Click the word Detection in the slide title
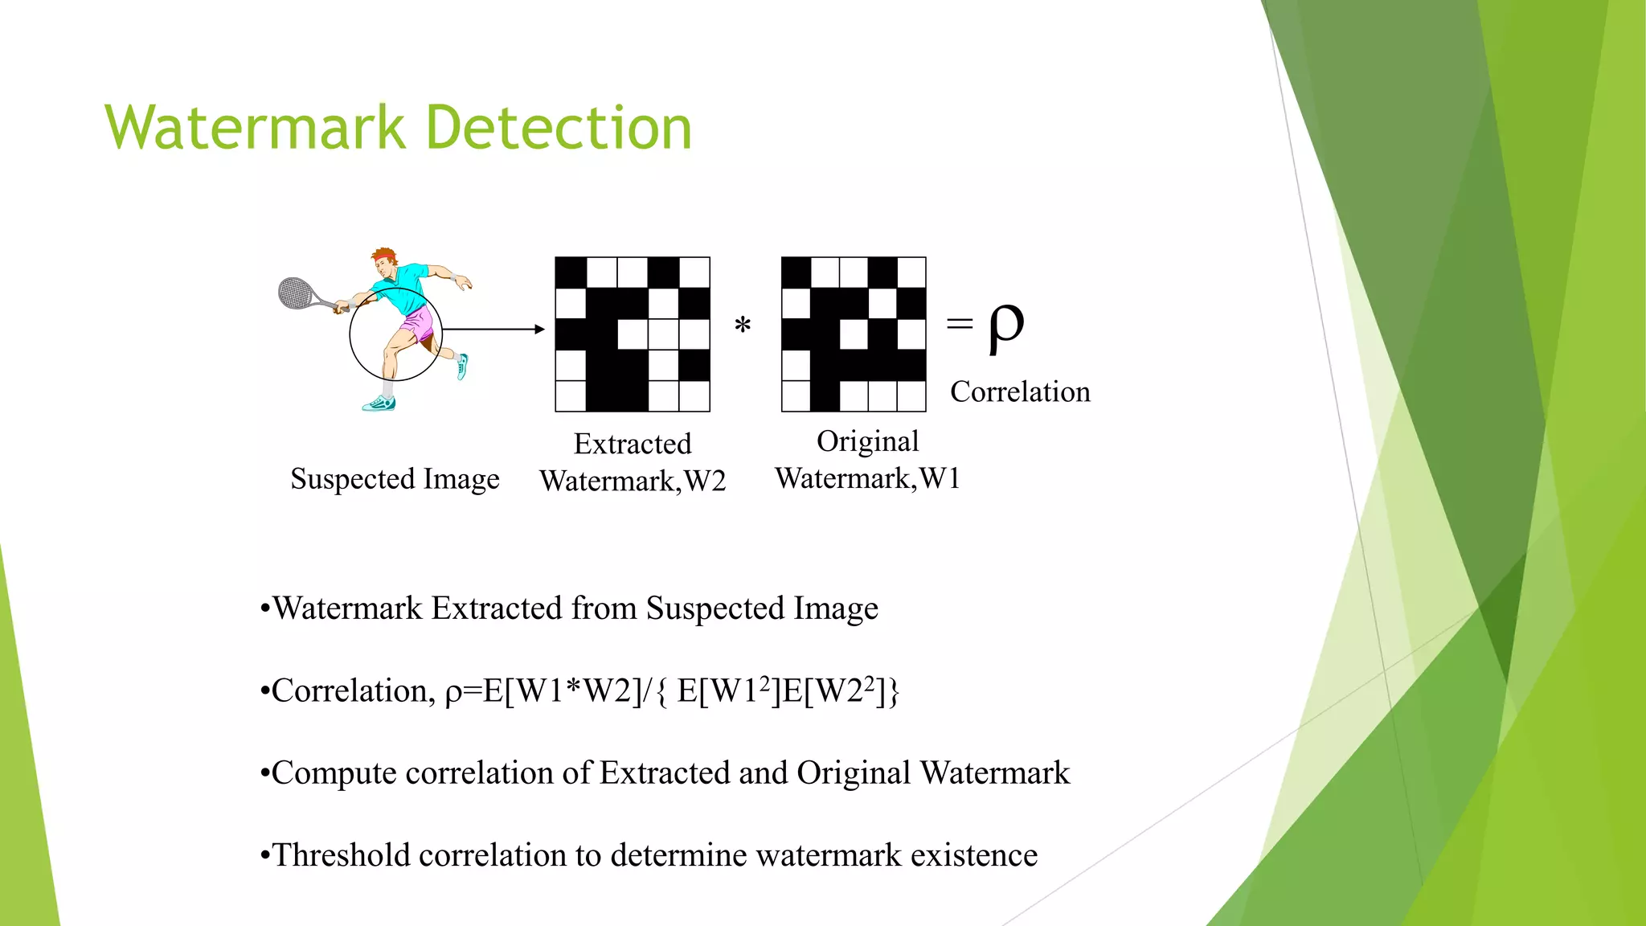(558, 128)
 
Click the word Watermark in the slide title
(255, 128)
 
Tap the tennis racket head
(294, 292)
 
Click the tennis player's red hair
(384, 256)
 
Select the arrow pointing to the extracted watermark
(493, 329)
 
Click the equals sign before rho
(960, 324)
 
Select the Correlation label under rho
(1020, 391)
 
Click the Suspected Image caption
(395, 479)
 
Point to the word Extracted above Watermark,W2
(633, 444)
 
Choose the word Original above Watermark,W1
(867, 441)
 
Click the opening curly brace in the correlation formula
(661, 691)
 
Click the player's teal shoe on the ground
(379, 404)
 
